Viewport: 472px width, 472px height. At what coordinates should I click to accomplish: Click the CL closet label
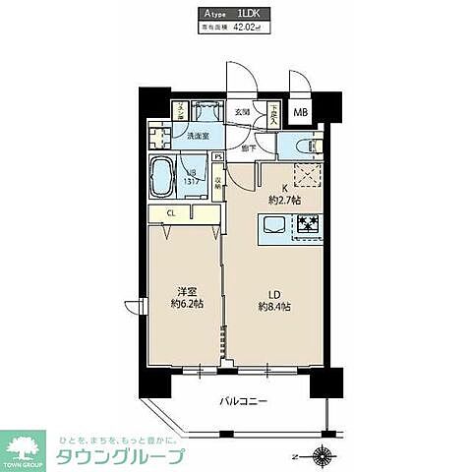pyautogui.click(x=170, y=211)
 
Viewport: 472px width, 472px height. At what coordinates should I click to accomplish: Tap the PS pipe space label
pyautogui.click(x=218, y=154)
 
